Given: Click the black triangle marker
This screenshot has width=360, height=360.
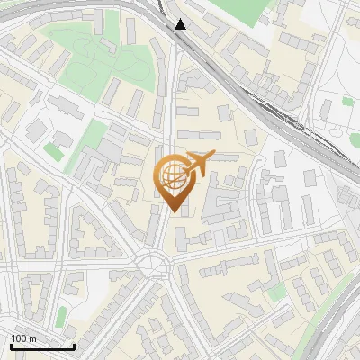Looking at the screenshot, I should [x=181, y=24].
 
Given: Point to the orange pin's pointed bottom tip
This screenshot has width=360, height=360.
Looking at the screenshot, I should [x=173, y=211].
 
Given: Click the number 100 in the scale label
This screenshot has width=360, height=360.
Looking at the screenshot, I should [x=19, y=338].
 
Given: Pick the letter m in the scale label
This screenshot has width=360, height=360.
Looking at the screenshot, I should [x=32, y=338].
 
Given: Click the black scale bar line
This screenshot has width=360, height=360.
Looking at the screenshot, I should [x=42, y=346].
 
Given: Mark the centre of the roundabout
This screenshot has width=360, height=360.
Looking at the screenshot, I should [x=154, y=264].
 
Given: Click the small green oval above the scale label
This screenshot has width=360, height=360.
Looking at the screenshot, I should [x=60, y=317].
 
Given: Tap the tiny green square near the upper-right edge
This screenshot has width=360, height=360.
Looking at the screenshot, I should [x=347, y=102].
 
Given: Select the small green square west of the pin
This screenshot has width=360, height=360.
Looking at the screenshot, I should [x=54, y=153].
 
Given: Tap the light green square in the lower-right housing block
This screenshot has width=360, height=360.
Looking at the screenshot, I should [x=278, y=292].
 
